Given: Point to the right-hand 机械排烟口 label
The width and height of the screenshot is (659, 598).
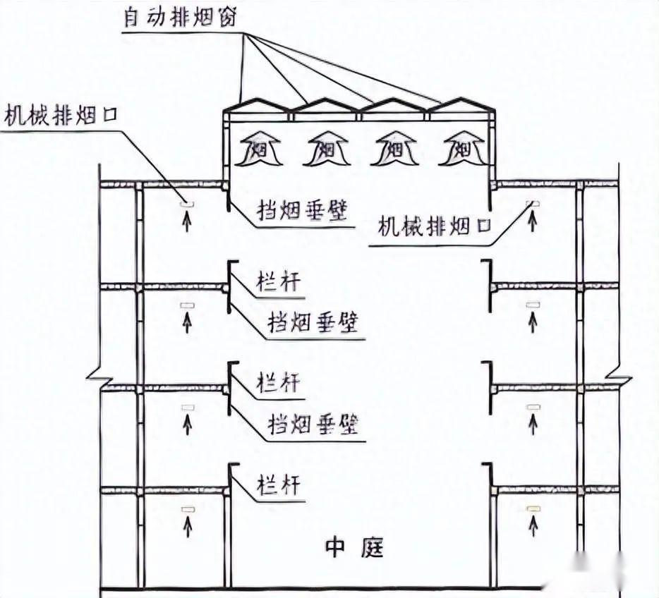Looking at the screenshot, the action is point(434,226).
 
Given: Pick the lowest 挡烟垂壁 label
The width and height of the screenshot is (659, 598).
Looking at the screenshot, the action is point(312,425).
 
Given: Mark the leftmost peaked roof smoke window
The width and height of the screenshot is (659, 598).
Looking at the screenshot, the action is point(258,106).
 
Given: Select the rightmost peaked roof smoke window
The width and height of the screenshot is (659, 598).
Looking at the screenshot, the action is point(461,106).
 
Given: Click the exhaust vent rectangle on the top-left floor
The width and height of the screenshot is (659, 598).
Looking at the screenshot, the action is point(187,204).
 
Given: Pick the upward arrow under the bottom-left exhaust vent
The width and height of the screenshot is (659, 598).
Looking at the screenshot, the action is point(187,525).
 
